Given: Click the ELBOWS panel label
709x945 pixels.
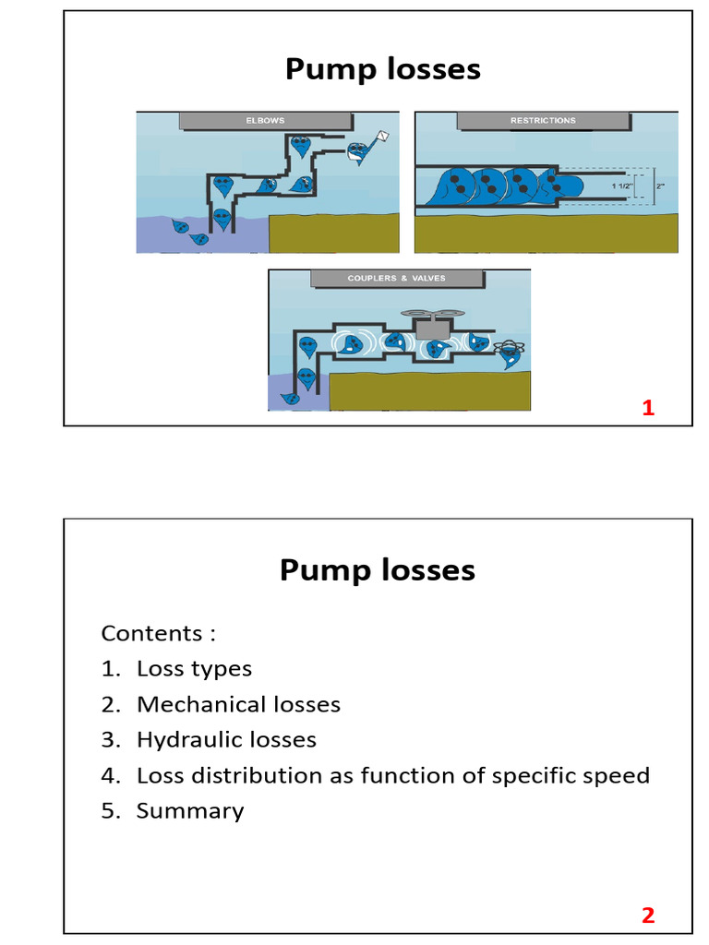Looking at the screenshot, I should pyautogui.click(x=265, y=120).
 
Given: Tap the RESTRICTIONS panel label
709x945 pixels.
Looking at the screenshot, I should pyautogui.click(x=543, y=120).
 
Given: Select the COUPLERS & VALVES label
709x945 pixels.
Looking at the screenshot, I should pyautogui.click(x=396, y=278).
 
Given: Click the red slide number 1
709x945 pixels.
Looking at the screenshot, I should pyautogui.click(x=648, y=408).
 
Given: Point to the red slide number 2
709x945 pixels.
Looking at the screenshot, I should pyautogui.click(x=648, y=915).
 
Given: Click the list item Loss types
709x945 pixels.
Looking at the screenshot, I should pyautogui.click(x=194, y=669).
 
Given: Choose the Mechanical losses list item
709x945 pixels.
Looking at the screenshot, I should pyautogui.click(x=238, y=705).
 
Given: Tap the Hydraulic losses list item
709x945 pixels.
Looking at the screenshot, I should pyautogui.click(x=226, y=740).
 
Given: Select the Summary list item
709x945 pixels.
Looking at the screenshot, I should pyautogui.click(x=190, y=811).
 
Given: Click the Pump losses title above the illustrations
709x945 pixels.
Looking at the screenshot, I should pyautogui.click(x=382, y=69).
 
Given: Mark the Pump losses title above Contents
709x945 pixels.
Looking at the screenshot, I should pyautogui.click(x=377, y=570).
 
